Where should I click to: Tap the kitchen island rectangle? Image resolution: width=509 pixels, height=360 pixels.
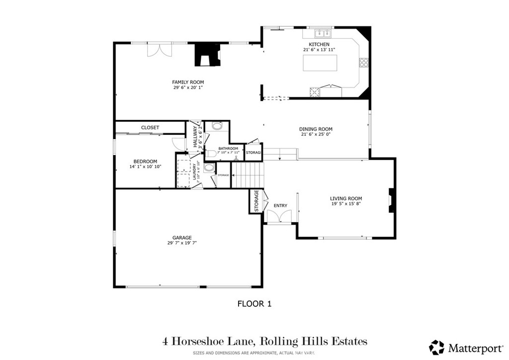click(320, 63)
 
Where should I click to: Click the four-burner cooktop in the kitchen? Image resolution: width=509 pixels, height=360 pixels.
click(364, 62)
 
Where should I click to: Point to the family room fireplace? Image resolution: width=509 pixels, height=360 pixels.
click(206, 55)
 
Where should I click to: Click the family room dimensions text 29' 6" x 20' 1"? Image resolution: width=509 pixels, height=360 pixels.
click(188, 88)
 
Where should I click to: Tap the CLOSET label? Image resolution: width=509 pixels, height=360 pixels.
click(150, 128)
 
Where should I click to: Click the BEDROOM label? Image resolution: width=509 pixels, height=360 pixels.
click(145, 161)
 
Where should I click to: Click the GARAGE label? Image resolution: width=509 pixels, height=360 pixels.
click(182, 238)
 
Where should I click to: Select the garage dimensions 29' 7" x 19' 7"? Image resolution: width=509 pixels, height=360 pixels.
click(182, 244)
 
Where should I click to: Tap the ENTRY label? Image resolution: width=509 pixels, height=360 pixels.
click(280, 205)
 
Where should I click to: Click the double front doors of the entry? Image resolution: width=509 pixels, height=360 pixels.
click(278, 217)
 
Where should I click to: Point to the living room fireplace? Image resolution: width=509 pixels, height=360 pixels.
click(391, 201)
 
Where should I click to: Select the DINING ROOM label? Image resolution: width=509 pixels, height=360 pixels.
click(316, 129)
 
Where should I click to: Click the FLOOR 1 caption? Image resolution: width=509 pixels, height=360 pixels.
click(254, 303)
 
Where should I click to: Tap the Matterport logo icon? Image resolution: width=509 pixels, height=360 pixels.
click(437, 347)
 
